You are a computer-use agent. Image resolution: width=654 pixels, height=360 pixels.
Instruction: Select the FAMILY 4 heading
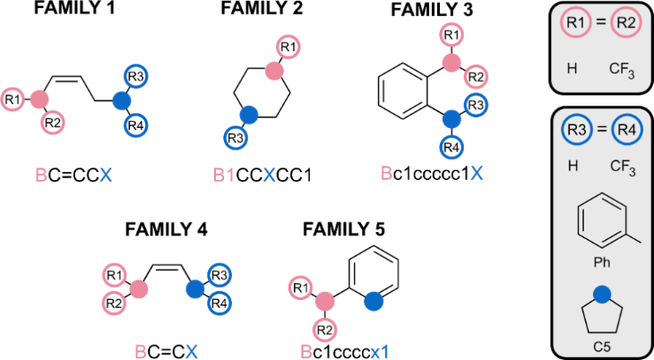(166, 228)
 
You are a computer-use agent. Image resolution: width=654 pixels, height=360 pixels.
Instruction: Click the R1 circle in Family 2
(286, 46)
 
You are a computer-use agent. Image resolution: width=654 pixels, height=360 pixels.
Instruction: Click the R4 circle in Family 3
(451, 147)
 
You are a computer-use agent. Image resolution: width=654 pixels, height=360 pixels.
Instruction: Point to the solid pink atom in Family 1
(39, 98)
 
